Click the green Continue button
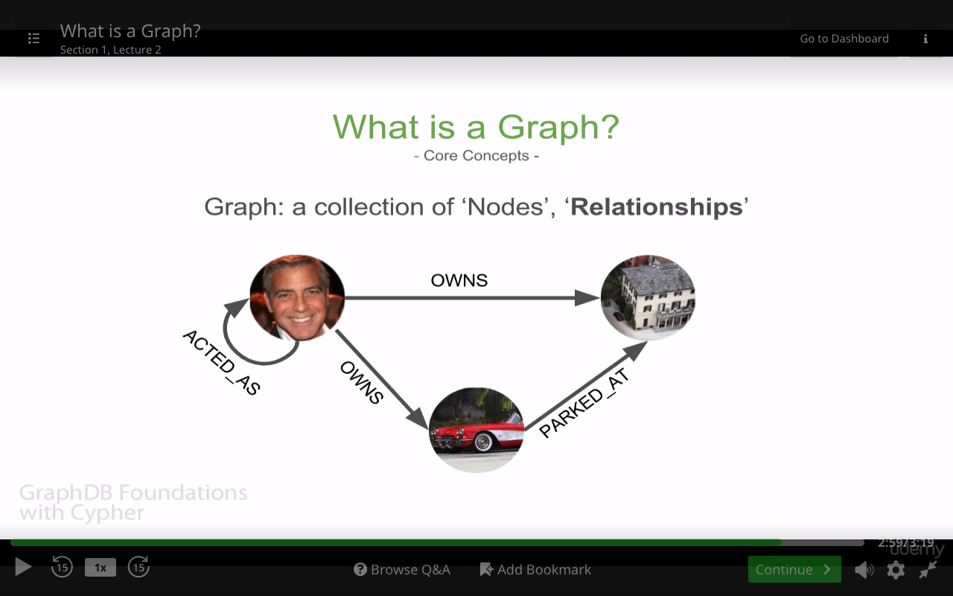794,569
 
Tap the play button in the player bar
23,567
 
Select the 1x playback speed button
101,568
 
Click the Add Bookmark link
535,570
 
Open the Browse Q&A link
401,570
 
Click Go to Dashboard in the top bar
844,39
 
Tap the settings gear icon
896,570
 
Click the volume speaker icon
864,570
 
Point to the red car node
476,430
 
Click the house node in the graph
648,297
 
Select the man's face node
297,297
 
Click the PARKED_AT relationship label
584,403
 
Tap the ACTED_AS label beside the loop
221,362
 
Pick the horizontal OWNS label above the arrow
459,281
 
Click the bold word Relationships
657,207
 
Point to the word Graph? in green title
558,127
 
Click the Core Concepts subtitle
476,156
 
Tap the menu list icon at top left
34,38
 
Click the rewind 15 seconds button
62,567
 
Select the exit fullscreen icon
928,570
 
